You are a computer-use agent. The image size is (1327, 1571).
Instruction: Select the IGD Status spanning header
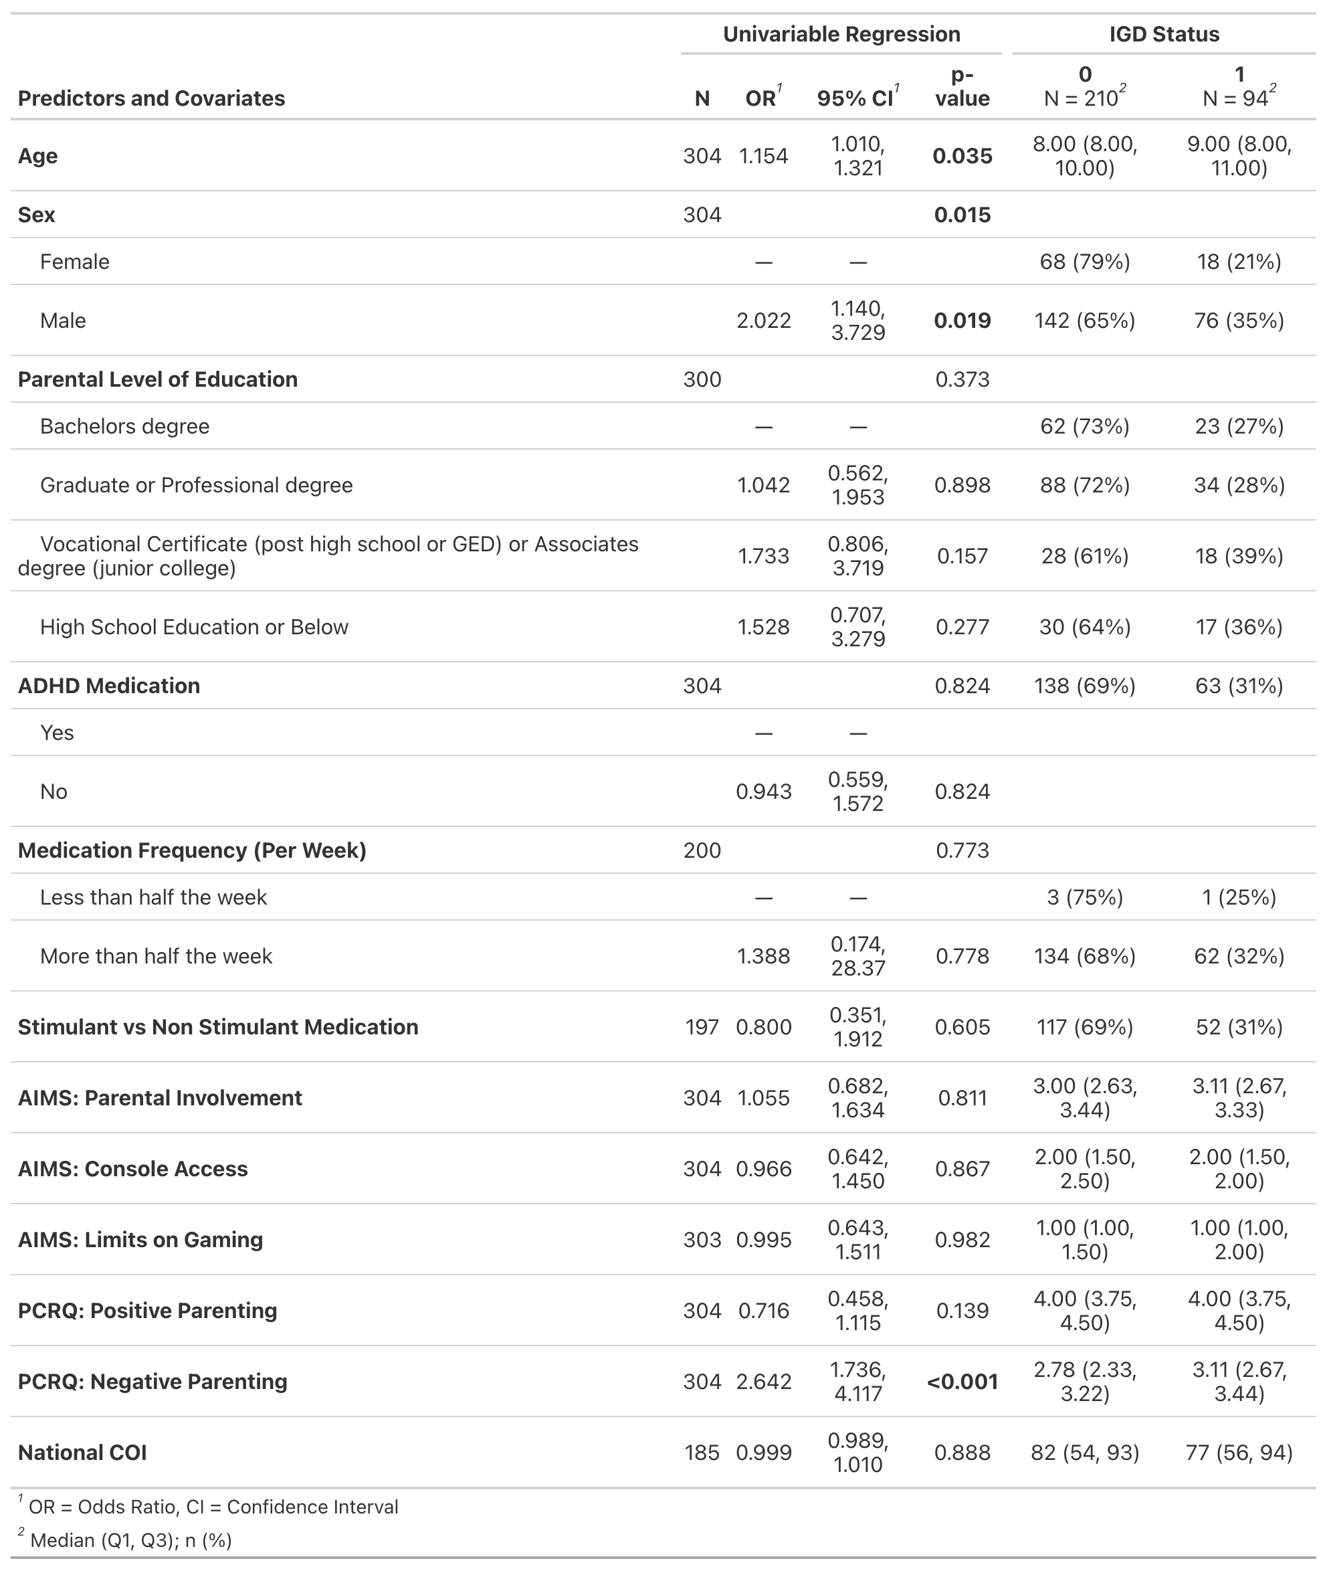[1164, 34]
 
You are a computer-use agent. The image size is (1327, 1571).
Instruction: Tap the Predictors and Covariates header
[151, 98]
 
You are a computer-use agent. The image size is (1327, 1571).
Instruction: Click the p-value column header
[962, 86]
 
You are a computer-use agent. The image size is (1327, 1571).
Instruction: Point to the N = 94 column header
[1239, 87]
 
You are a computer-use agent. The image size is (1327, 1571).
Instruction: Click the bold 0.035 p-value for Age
[962, 156]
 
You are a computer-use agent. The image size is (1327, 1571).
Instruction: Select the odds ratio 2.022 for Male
[764, 320]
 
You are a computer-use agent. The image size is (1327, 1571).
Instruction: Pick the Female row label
[74, 262]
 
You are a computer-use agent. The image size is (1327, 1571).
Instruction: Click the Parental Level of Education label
[158, 379]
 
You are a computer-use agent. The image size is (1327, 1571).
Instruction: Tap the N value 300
[702, 379]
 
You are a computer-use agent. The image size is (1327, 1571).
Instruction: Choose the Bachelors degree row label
[125, 427]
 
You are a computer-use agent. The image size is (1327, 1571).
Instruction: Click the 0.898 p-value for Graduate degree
[962, 485]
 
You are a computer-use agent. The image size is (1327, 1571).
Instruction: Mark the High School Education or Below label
[194, 627]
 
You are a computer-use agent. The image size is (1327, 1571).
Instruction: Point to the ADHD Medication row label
[109, 686]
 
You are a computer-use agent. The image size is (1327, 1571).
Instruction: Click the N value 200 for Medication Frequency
[702, 850]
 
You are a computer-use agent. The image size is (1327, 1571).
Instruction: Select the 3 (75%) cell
[1085, 898]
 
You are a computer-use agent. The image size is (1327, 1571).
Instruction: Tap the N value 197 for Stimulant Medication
[702, 1027]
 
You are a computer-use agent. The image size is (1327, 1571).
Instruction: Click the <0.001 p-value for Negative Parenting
[962, 1382]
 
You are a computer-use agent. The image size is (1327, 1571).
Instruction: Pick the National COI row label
[83, 1452]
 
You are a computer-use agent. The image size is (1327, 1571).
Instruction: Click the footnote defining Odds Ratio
[213, 1507]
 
